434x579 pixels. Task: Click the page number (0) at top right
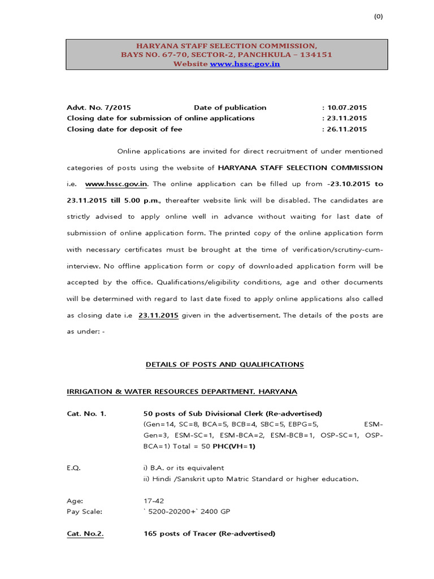point(378,16)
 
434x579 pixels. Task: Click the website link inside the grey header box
point(245,64)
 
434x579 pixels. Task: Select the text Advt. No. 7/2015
point(99,107)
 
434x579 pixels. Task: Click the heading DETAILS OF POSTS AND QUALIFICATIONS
point(224,365)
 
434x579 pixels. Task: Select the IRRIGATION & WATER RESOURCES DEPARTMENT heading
point(181,391)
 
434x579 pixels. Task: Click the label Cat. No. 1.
point(86,413)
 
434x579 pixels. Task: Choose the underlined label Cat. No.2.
point(85,533)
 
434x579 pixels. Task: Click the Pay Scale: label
point(85,511)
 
